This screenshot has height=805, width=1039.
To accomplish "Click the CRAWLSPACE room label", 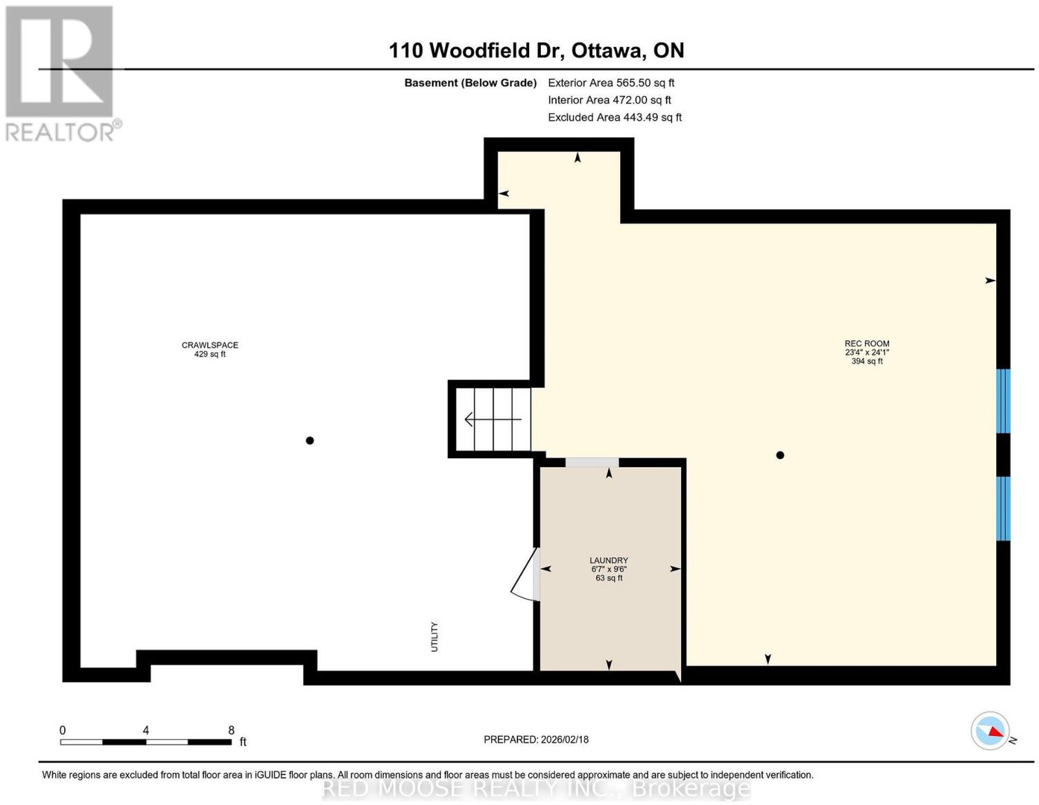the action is pyautogui.click(x=210, y=345).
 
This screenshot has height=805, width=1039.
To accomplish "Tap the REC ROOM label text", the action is pyautogui.click(x=867, y=344).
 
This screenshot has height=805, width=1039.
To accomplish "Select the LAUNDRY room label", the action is pyautogui.click(x=608, y=560).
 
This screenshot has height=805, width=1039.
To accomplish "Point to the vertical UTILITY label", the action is pyautogui.click(x=434, y=637).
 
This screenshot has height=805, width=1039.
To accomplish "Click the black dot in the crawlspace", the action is pyautogui.click(x=310, y=441).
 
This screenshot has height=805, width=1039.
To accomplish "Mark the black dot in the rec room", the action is pyautogui.click(x=780, y=455).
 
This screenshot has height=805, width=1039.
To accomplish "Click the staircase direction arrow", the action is pyautogui.click(x=493, y=420).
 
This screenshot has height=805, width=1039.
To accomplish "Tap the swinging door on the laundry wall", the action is pyautogui.click(x=525, y=574).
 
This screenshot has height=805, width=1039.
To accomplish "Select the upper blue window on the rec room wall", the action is pyautogui.click(x=1003, y=401).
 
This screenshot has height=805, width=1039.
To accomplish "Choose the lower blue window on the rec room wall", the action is pyautogui.click(x=1003, y=509).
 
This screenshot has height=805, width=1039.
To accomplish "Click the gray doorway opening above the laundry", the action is pyautogui.click(x=592, y=463).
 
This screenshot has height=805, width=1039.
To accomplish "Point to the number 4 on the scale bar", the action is pyautogui.click(x=146, y=730).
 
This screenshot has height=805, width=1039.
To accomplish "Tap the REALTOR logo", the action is pyautogui.click(x=63, y=73).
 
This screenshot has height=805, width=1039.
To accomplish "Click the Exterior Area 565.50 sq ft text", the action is pyautogui.click(x=611, y=83).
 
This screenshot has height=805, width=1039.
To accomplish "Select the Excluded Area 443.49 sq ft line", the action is pyautogui.click(x=615, y=117).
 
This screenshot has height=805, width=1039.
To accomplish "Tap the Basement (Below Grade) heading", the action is pyautogui.click(x=471, y=83).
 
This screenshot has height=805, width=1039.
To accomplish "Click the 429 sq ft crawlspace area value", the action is pyautogui.click(x=210, y=354).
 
